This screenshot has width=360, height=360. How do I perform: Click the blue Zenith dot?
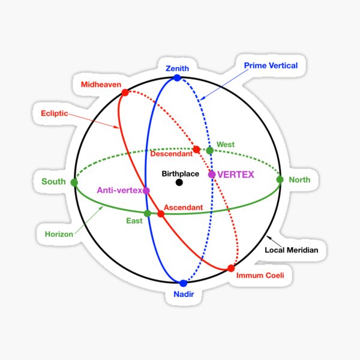(177, 78)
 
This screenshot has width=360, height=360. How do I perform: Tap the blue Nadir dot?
(184, 283)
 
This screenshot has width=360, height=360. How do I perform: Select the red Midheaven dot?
(125, 92)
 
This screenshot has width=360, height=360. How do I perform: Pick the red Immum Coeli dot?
(231, 268)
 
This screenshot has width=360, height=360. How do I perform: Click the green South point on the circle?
(74, 182)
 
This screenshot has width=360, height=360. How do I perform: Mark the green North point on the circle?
(280, 179)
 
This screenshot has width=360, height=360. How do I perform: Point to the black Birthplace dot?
(179, 182)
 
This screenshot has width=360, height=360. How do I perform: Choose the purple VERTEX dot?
(212, 175)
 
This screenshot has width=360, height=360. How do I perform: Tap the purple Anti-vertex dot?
(146, 191)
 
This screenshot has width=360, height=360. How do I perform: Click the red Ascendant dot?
(161, 214)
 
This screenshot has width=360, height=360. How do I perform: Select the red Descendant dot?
(196, 149)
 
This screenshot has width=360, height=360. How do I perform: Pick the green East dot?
(148, 213)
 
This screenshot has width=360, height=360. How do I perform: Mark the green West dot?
(209, 150)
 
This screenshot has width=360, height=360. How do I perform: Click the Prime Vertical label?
(271, 65)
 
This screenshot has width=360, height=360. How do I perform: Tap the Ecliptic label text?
(53, 113)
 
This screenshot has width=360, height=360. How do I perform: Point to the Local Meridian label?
(292, 250)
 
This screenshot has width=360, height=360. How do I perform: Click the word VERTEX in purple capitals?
(236, 175)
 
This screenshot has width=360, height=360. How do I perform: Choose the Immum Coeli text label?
(260, 275)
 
